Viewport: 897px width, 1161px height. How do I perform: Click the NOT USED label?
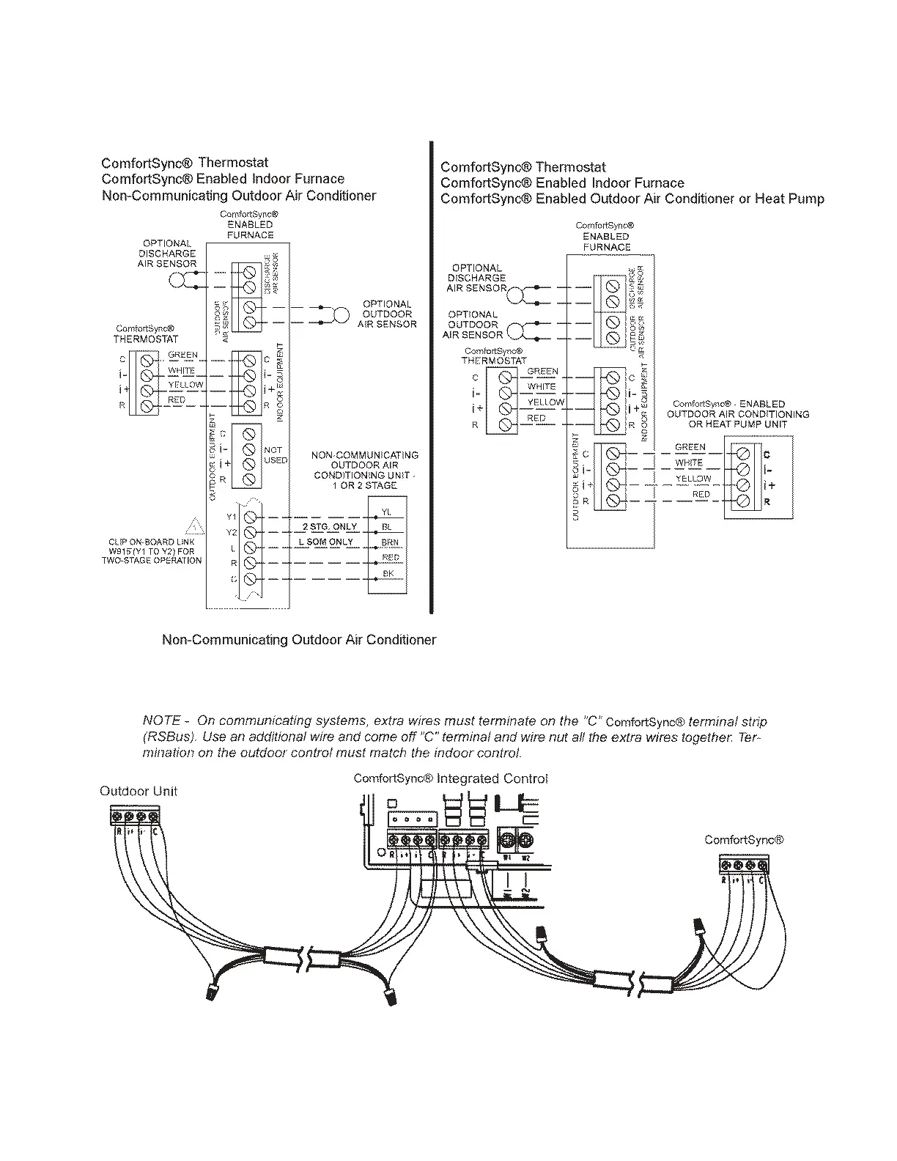(x=276, y=455)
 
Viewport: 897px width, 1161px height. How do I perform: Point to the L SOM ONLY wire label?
(x=325, y=542)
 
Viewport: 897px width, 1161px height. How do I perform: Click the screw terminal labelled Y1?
(x=249, y=517)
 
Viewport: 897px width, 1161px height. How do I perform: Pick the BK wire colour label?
(x=388, y=573)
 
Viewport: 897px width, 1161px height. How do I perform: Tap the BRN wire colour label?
(x=389, y=543)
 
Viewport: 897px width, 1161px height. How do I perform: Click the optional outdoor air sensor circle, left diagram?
(x=341, y=315)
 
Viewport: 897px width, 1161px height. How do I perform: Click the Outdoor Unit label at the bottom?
(x=138, y=792)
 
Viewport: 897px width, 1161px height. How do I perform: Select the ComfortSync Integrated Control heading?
(x=451, y=778)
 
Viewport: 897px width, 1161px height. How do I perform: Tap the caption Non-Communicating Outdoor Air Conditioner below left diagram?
(x=298, y=640)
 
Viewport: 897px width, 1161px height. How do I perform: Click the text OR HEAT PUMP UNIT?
(x=737, y=424)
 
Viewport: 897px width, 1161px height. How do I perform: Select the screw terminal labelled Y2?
(x=249, y=532)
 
